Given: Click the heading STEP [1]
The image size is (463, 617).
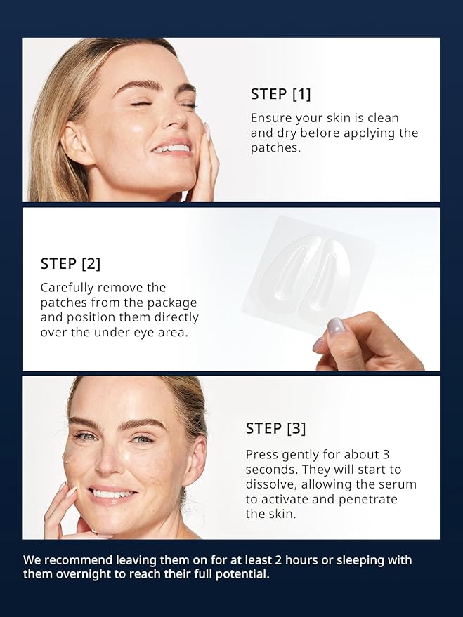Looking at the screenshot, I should click(x=281, y=94).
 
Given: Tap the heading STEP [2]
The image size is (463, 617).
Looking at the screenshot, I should click(x=70, y=264).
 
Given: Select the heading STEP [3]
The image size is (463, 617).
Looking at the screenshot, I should click(x=275, y=428).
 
